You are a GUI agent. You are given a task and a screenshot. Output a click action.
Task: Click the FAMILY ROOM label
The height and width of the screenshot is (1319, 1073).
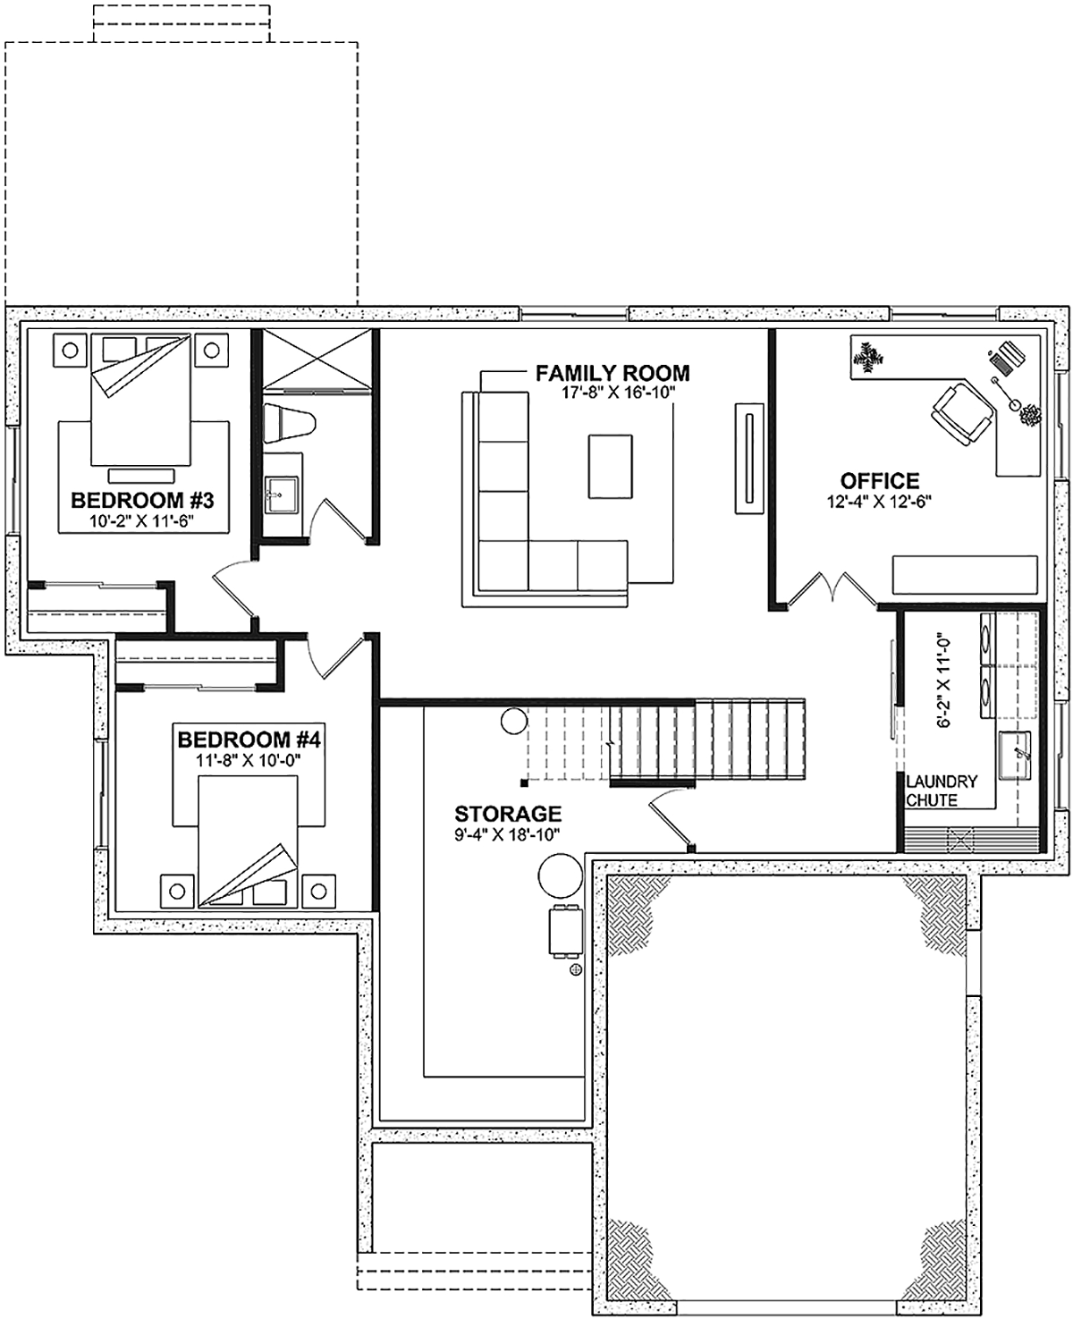[612, 373]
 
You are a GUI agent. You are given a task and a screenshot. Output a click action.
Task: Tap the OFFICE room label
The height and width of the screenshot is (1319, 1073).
[879, 481]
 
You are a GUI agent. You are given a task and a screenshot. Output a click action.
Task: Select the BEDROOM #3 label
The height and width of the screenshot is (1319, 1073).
[142, 500]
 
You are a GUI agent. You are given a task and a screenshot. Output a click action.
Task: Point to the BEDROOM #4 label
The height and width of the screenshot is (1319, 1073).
[249, 740]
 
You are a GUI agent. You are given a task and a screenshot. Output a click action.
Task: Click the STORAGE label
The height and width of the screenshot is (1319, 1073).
[508, 814]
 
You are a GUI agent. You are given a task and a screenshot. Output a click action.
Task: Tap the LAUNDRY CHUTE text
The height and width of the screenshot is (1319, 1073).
[942, 791]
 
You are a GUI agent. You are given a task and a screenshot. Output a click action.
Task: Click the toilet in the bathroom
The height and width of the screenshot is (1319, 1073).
[290, 424]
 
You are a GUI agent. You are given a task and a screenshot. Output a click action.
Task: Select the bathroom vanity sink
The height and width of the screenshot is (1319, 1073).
[282, 495]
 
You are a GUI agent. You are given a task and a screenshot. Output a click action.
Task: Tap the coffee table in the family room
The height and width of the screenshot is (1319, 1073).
[610, 466]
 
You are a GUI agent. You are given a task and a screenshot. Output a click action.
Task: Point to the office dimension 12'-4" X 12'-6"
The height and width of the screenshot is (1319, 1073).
[879, 501]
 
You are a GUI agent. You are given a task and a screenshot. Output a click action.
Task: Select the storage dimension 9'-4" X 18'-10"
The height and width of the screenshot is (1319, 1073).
[508, 834]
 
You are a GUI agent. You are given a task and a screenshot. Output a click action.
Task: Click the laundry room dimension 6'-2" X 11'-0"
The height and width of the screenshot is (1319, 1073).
[943, 680]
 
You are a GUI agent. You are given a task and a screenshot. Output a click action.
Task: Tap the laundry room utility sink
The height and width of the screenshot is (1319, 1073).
[1014, 756]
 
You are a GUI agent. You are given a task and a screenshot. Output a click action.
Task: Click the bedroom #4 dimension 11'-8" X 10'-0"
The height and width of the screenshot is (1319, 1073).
[249, 760]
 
